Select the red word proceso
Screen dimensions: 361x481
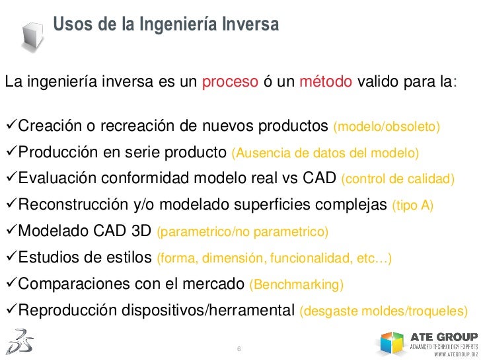tap(230, 83)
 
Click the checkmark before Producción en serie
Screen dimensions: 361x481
tap(10, 153)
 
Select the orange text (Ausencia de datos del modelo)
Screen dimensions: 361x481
tap(325, 153)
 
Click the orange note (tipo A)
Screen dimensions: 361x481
tap(413, 206)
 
